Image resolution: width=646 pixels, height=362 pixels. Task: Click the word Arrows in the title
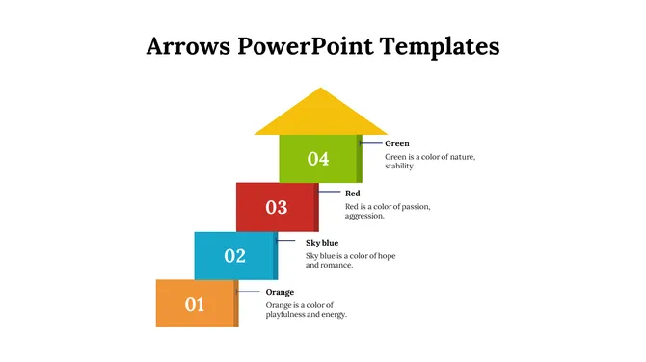click(189, 45)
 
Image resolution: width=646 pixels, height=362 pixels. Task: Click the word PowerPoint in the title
click(306, 45)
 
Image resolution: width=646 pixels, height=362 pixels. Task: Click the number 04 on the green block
click(318, 159)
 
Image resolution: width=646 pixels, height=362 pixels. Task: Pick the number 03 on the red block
click(277, 207)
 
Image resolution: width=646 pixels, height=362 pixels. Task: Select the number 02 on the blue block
click(235, 256)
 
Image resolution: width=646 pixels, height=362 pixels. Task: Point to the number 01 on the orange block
click(195, 304)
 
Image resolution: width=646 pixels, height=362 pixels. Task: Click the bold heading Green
click(397, 143)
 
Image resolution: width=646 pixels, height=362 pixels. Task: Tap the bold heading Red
click(353, 194)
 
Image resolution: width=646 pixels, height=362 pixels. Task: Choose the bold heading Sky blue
click(322, 243)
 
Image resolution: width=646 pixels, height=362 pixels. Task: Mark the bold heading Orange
click(281, 292)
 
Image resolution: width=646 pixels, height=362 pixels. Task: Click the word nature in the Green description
click(458, 156)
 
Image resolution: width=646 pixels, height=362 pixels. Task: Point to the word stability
click(399, 167)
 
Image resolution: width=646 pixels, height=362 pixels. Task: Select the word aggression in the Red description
click(364, 217)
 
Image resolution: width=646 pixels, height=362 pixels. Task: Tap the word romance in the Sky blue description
click(336, 265)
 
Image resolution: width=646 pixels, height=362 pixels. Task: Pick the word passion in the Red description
click(415, 206)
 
